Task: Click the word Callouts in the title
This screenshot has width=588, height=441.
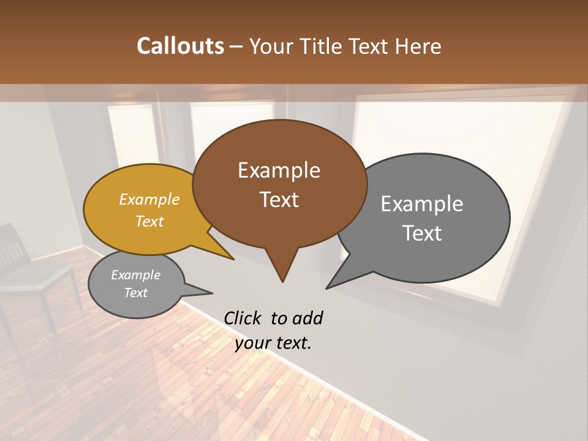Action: (180, 46)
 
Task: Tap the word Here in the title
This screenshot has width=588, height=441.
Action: (418, 47)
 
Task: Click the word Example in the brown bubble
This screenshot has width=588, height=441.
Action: (279, 170)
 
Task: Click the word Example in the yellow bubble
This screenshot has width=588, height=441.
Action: (149, 199)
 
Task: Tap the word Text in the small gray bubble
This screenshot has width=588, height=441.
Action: (136, 293)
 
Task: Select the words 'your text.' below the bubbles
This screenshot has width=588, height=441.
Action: (273, 343)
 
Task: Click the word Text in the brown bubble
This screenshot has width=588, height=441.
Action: (279, 200)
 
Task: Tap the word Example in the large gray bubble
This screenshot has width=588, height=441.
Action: (421, 204)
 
